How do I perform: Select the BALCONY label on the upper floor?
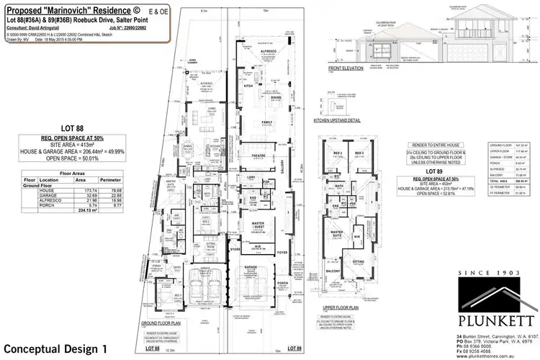coord(334,271)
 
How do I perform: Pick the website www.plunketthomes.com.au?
coord(497,355)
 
